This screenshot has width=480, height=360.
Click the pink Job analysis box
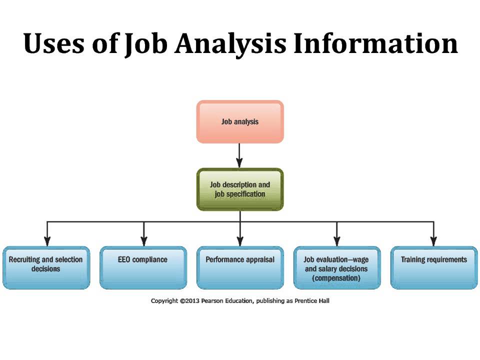(x=240, y=121)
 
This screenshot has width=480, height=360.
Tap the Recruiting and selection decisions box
(x=46, y=267)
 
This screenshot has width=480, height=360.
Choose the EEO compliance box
(x=143, y=267)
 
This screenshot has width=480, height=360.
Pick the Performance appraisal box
(x=240, y=267)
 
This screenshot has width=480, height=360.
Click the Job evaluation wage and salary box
(x=336, y=267)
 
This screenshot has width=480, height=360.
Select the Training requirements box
(x=433, y=267)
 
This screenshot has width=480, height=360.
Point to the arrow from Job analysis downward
(x=239, y=155)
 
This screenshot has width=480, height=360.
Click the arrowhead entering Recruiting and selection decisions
(x=46, y=240)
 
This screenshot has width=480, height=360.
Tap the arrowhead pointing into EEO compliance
(x=143, y=240)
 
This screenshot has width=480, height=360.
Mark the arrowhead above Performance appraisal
(x=240, y=240)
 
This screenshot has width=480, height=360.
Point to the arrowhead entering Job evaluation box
(x=336, y=240)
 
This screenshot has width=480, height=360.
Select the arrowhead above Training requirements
(x=433, y=240)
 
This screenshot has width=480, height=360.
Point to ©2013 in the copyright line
(x=188, y=301)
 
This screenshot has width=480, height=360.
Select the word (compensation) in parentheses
(x=336, y=278)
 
